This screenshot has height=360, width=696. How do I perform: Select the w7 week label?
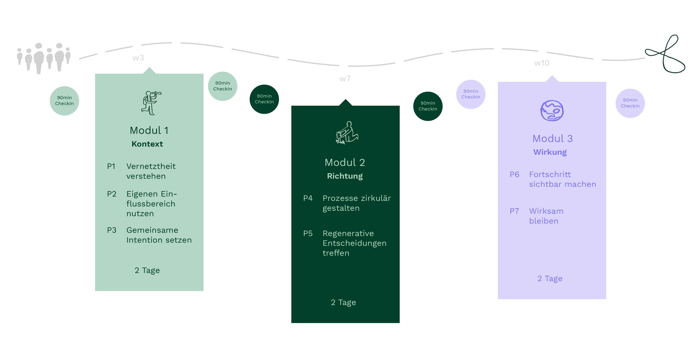point(345,79)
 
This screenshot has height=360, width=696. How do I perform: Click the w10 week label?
point(542,63)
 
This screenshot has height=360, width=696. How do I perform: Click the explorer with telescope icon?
point(151,103)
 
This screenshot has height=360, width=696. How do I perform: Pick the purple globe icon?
point(552,111)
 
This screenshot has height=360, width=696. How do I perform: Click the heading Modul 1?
point(149,130)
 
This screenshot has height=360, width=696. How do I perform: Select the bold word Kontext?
point(147,144)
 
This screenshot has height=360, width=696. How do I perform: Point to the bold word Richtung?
point(345,176)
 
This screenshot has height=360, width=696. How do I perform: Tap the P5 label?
point(308,233)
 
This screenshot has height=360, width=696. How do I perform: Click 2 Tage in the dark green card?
point(343,302)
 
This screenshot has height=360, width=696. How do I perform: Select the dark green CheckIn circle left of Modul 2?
point(264,99)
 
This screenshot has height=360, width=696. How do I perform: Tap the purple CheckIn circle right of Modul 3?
point(630,103)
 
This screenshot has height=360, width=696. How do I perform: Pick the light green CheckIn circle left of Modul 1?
point(64,101)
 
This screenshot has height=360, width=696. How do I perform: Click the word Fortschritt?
point(550,174)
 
